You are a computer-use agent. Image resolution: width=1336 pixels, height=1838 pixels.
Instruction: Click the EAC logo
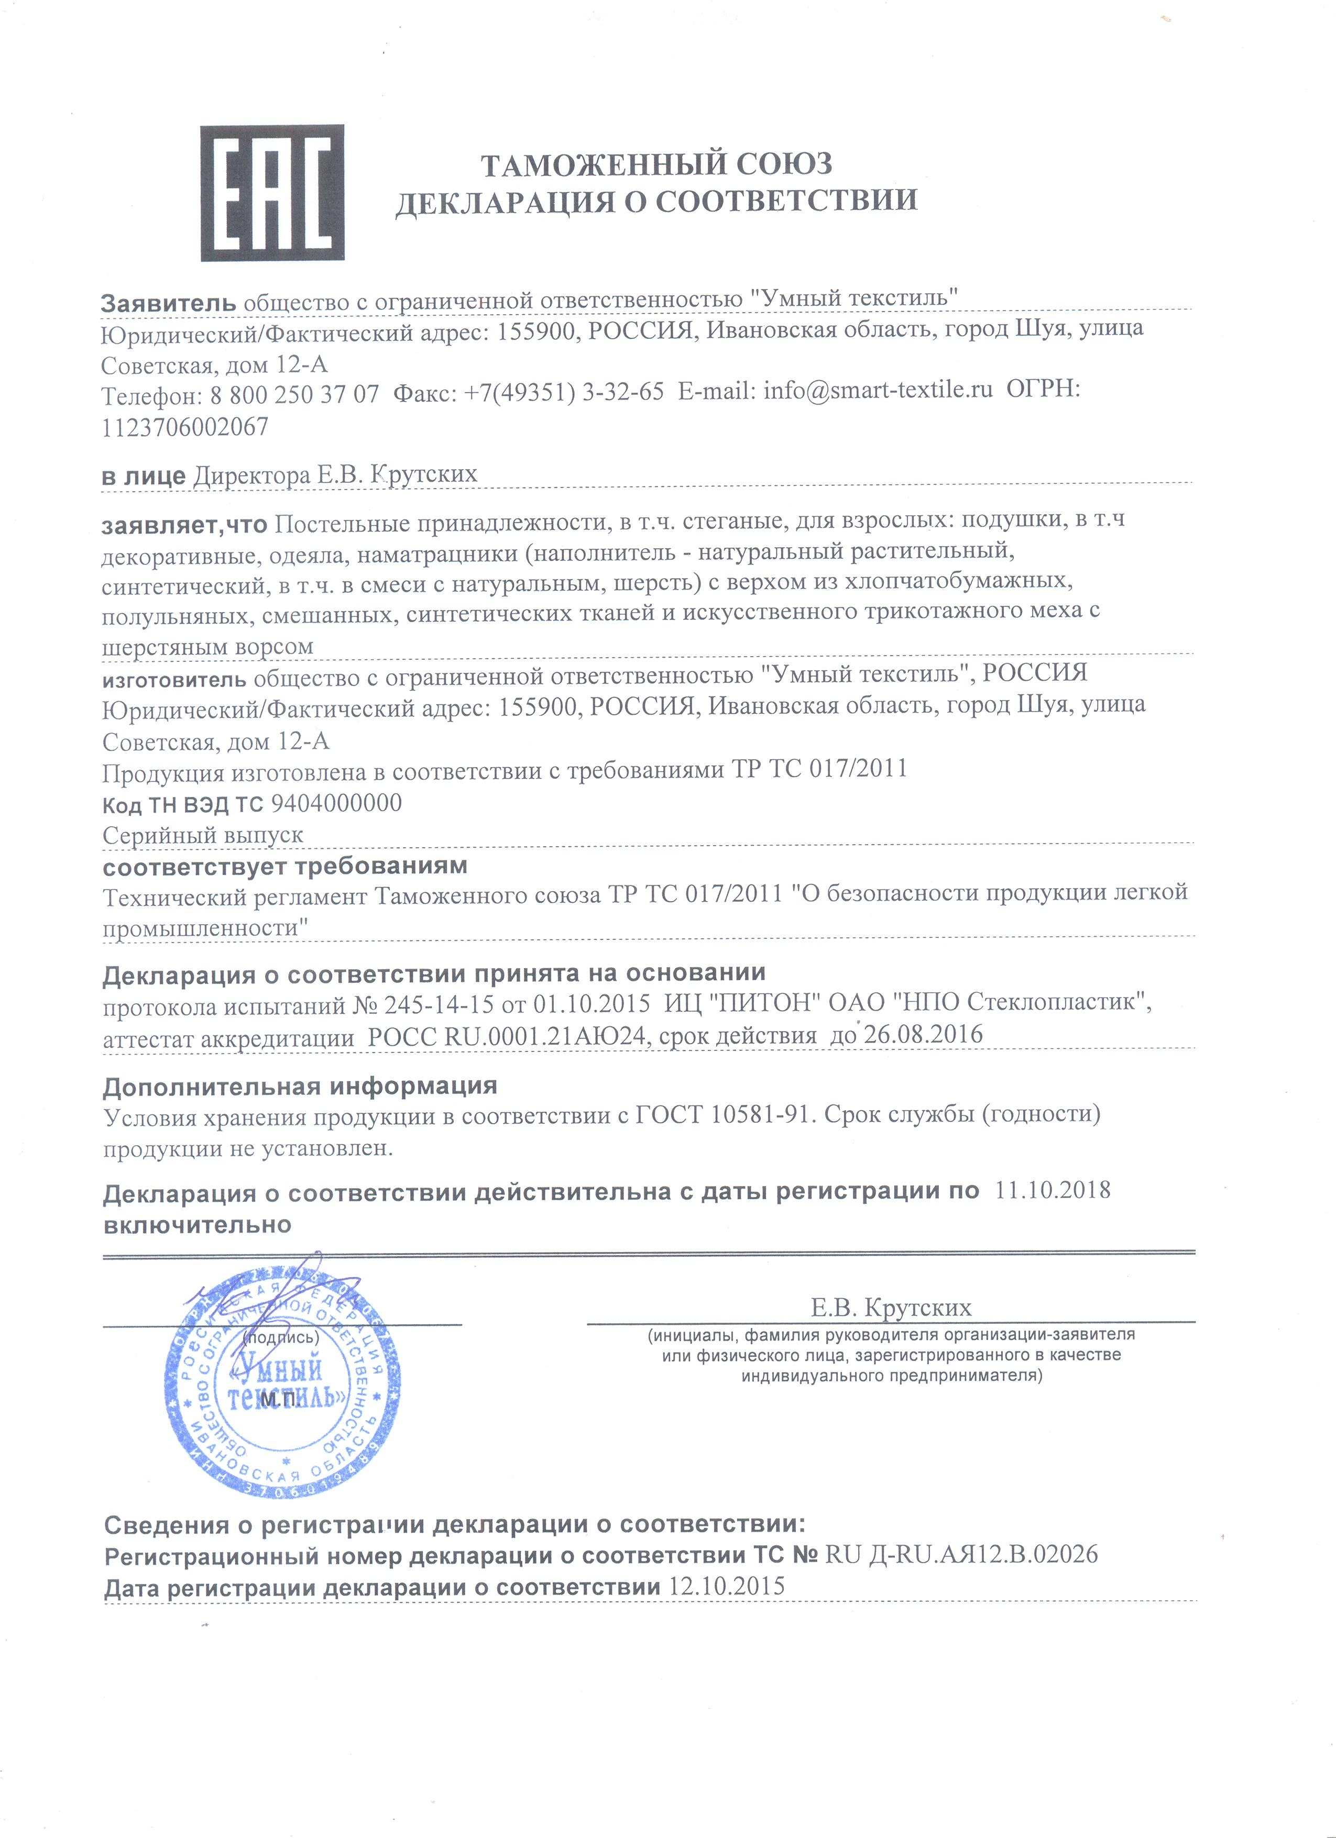tap(272, 193)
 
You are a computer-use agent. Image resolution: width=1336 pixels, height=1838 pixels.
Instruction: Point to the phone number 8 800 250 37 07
tap(294, 395)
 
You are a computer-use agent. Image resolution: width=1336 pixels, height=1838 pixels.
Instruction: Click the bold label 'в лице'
tap(144, 477)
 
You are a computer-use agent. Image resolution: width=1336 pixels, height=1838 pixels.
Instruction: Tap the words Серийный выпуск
tap(203, 835)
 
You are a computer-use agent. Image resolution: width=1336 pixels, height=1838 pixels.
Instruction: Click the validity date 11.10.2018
tap(1052, 1190)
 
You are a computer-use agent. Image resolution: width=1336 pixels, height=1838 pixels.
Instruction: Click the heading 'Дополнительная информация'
tap(300, 1086)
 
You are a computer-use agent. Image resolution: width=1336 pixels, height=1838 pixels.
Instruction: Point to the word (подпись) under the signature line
tap(281, 1338)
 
